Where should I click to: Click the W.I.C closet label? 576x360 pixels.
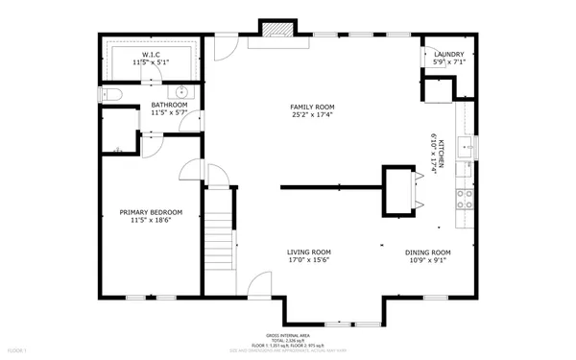(x=151, y=56)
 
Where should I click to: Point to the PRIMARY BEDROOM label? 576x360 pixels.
(x=151, y=212)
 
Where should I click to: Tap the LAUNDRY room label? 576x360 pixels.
(x=448, y=55)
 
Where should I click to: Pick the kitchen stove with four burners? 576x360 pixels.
(x=466, y=199)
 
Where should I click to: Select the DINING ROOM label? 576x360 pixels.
(x=427, y=252)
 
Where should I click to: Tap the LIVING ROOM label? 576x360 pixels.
(x=308, y=252)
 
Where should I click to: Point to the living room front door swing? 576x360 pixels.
(x=258, y=284)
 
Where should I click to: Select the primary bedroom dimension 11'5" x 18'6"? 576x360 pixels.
(x=151, y=221)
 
